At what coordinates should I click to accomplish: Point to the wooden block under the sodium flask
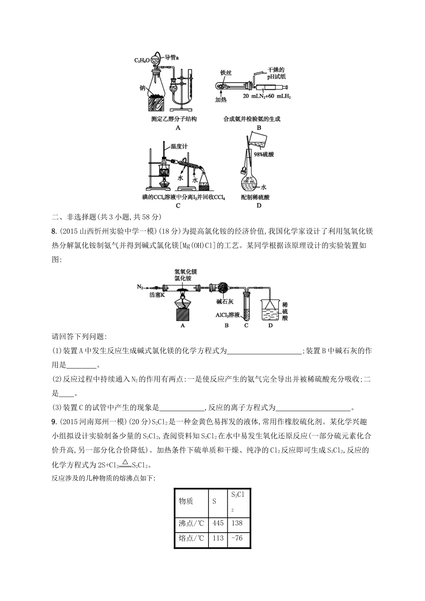tap(157, 104)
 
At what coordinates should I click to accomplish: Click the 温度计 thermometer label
tap(179, 146)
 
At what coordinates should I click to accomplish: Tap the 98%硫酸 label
tap(264, 154)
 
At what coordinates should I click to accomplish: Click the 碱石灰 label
tap(224, 302)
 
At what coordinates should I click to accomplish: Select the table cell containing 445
tap(218, 523)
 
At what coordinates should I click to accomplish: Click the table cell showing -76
tap(237, 538)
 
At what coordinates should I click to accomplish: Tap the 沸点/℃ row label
tap(191, 523)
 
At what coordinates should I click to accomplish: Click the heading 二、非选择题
tap(75, 217)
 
